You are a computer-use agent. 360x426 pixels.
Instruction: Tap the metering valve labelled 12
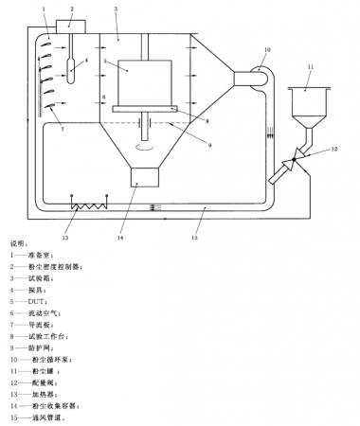pos(300,152)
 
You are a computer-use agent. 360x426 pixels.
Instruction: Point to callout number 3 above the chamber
pos(115,9)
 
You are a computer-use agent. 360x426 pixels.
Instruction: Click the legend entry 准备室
pos(43,256)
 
